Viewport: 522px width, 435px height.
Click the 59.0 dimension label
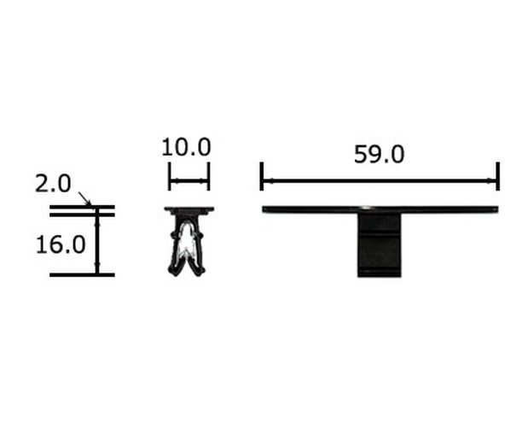click(379, 155)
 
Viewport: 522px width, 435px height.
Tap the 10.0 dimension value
click(186, 147)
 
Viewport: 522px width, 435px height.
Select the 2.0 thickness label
click(53, 184)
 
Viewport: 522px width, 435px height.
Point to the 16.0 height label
click(61, 244)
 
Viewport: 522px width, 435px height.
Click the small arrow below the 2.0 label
click(84, 198)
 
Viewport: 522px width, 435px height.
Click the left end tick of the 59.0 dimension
click(262, 176)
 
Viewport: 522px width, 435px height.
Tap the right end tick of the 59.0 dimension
click(498, 176)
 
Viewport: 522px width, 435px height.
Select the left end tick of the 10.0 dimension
click(170, 176)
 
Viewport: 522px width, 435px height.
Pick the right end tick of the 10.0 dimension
click(208, 176)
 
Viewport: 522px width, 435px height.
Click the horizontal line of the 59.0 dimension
click(380, 181)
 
